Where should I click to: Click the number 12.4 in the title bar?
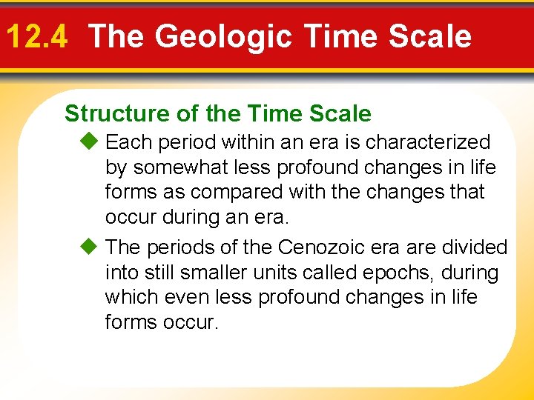36,36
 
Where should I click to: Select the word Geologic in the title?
214,36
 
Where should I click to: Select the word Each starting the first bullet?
128,141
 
